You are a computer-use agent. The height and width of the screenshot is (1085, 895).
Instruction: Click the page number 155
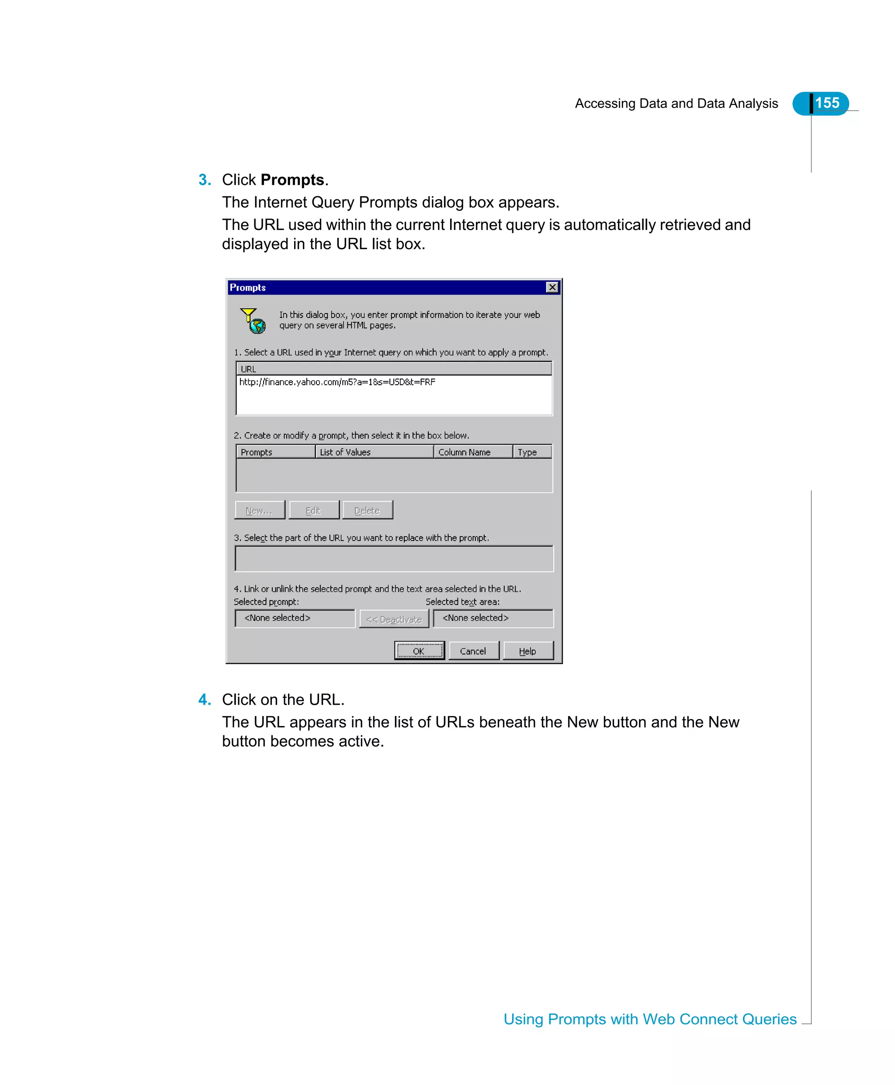click(826, 103)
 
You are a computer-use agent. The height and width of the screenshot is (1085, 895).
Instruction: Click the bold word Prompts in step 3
click(292, 180)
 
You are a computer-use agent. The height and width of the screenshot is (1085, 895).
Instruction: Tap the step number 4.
click(204, 699)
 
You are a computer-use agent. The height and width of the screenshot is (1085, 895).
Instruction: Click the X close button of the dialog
click(552, 287)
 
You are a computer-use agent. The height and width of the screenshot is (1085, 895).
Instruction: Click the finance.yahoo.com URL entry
click(337, 382)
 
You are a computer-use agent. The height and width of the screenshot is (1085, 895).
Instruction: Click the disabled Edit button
click(313, 510)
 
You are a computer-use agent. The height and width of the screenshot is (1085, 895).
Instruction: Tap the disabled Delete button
click(367, 510)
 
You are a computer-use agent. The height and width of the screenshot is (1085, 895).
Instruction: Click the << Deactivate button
click(394, 619)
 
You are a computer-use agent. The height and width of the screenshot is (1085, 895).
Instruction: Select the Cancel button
click(473, 651)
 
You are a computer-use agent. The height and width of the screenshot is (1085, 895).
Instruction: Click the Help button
click(527, 651)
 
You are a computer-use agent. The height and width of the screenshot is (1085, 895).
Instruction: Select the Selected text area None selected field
click(493, 618)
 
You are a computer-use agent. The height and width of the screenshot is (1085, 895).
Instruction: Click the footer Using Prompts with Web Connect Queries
click(649, 1019)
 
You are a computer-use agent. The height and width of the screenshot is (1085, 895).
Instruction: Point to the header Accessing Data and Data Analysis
click(676, 104)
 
